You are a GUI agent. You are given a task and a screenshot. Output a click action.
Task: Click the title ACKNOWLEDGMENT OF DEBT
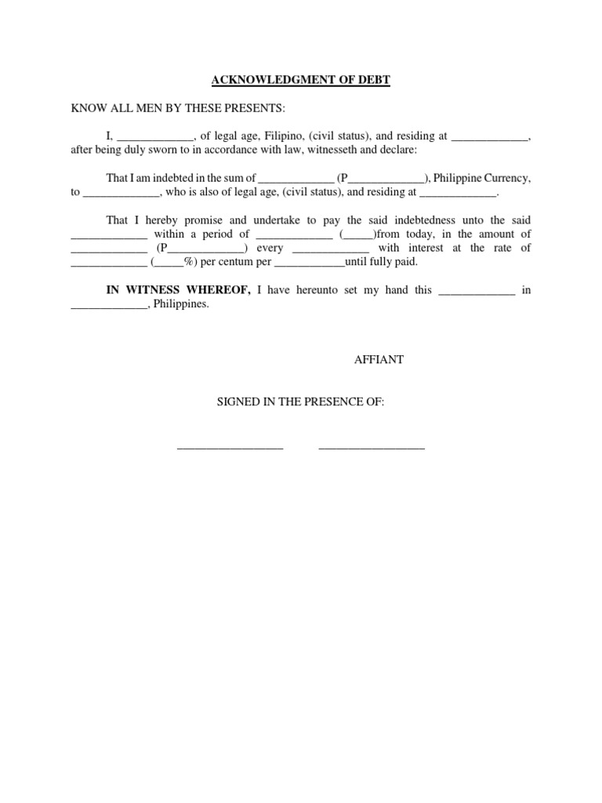(x=300, y=79)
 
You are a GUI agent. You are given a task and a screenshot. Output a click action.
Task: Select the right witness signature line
(x=372, y=447)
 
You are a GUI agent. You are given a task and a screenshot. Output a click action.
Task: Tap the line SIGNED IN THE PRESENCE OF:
(x=301, y=401)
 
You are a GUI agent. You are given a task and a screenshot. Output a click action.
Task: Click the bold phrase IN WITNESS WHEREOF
(x=178, y=290)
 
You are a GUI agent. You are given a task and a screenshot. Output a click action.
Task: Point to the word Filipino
(x=286, y=136)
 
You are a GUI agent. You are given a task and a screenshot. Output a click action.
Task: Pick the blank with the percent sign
(x=174, y=263)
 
